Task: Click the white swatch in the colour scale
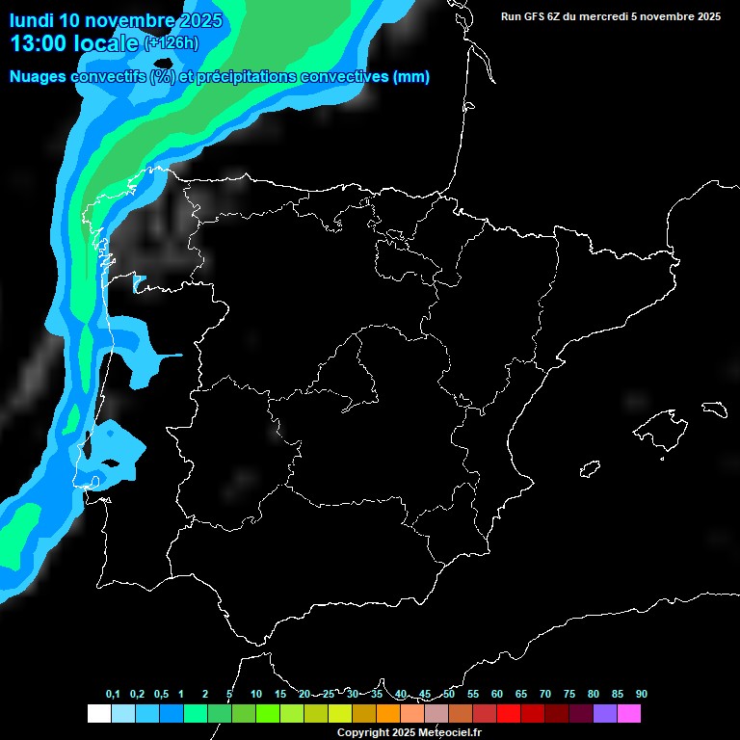pyautogui.click(x=98, y=713)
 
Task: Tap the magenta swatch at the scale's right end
pyautogui.click(x=628, y=713)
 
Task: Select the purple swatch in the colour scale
pyautogui.click(x=604, y=713)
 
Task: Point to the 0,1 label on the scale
pyautogui.click(x=113, y=695)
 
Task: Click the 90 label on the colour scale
pyautogui.click(x=642, y=695)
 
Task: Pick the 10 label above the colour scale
pyautogui.click(x=256, y=695)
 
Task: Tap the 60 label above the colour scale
pyautogui.click(x=497, y=695)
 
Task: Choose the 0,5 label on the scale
pyautogui.click(x=161, y=695)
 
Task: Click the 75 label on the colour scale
pyautogui.click(x=569, y=695)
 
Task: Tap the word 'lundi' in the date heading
pyautogui.click(x=32, y=20)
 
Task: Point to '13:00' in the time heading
pyautogui.click(x=37, y=43)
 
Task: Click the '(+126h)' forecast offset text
pyautogui.click(x=171, y=43)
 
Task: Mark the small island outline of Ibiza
pyautogui.click(x=589, y=469)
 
